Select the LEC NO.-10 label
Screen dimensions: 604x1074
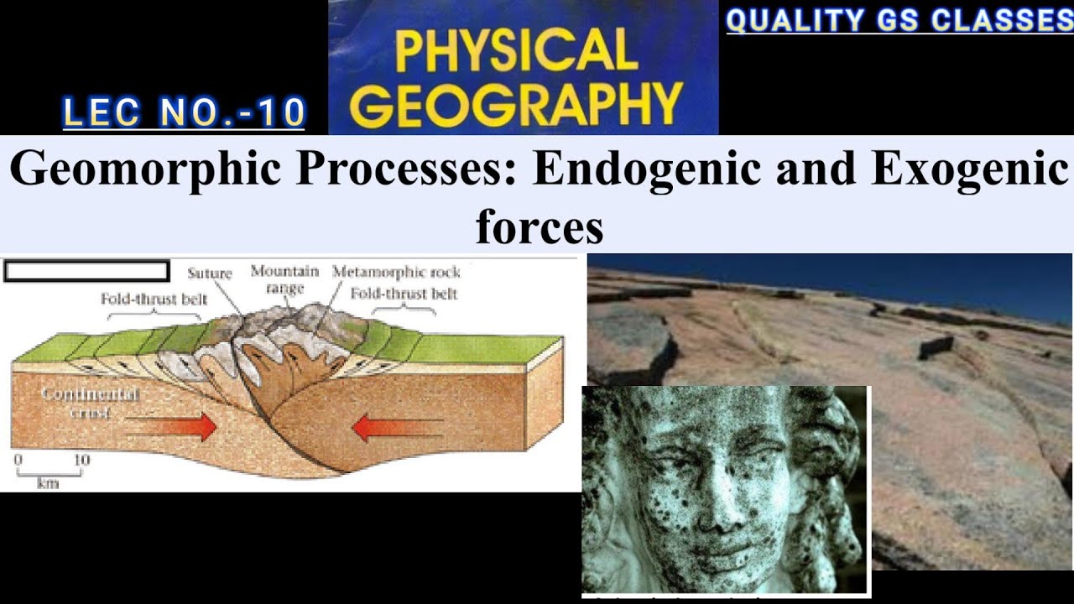184,113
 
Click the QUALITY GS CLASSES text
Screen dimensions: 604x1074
899,20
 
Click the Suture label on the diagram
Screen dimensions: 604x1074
210,273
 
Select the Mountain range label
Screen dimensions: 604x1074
284,279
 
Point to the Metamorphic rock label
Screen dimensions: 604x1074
396,273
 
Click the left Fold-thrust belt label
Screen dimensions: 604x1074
154,298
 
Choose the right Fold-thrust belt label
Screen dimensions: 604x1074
404,294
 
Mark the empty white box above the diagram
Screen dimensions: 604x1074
86,271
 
